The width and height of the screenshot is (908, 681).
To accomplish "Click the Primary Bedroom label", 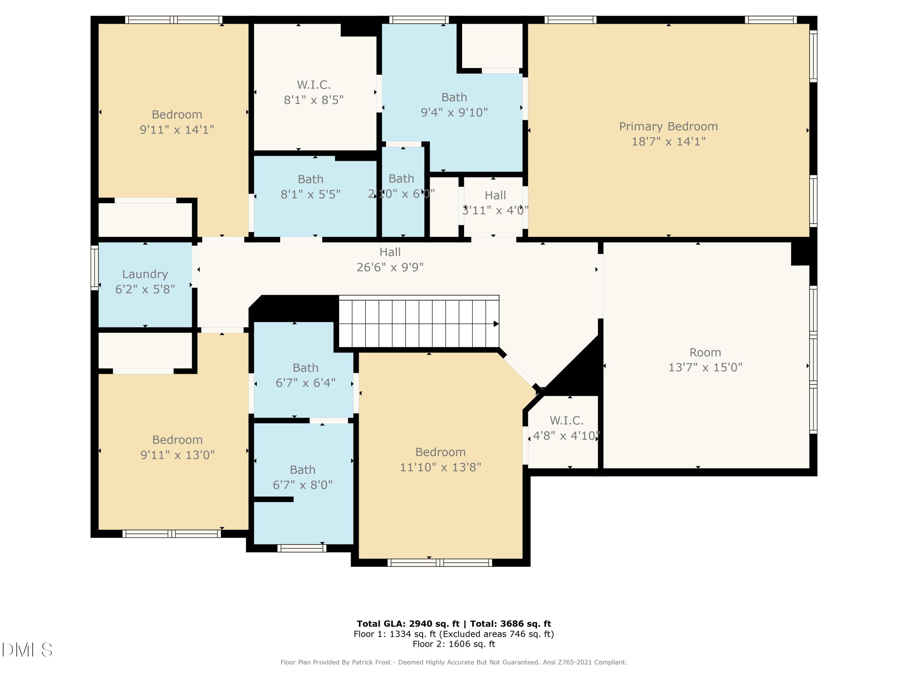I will click(x=668, y=127).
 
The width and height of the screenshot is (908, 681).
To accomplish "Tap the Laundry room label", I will click(x=145, y=274).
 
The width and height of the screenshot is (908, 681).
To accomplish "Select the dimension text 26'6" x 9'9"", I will click(x=390, y=267).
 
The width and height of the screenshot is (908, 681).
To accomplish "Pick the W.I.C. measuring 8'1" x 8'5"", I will click(x=314, y=92).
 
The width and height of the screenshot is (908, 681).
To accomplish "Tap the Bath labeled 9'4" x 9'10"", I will click(x=454, y=105).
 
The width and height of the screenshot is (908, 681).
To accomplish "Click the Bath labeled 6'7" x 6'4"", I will click(x=305, y=375).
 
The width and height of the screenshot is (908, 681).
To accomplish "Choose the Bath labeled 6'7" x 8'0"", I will click(x=303, y=477).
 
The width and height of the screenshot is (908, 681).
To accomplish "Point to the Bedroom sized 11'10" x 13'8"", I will click(x=440, y=459).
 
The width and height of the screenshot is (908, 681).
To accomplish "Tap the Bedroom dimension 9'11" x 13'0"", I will click(x=177, y=455).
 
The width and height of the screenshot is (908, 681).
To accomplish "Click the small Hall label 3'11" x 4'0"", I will click(x=495, y=203).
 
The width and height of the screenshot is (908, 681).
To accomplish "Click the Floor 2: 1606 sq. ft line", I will click(x=454, y=644).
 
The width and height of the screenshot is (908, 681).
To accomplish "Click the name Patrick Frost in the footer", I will click(x=371, y=662).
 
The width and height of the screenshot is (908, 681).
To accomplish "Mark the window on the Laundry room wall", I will click(x=94, y=268).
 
